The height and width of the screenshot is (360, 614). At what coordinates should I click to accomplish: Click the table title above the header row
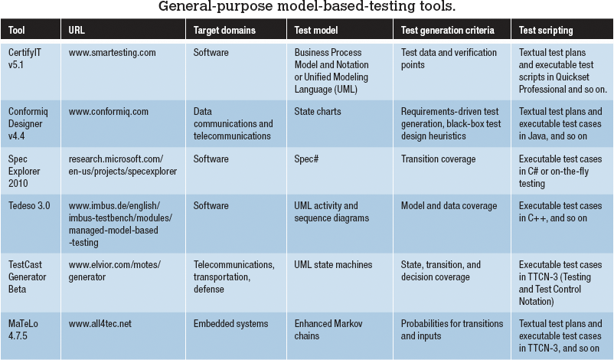pyautogui.click(x=306, y=6)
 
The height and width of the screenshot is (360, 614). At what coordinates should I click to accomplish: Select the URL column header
pyautogui.click(x=77, y=30)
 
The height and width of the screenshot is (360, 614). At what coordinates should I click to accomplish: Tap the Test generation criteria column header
pyautogui.click(x=447, y=30)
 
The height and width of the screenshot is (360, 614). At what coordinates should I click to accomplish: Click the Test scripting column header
pyautogui.click(x=545, y=30)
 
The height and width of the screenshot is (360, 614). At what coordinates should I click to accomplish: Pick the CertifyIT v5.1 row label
pyautogui.click(x=24, y=58)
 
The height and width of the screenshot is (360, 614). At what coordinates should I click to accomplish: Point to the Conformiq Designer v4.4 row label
pyautogui.click(x=28, y=123)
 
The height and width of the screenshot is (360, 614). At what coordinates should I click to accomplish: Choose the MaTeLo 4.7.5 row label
pyautogui.click(x=23, y=329)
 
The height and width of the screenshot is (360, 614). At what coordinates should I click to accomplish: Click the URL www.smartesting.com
pyautogui.click(x=112, y=53)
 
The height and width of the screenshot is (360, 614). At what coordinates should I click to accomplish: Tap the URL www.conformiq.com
pyautogui.click(x=109, y=112)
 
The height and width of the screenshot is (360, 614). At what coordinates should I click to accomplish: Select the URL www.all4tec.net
pyautogui.click(x=100, y=323)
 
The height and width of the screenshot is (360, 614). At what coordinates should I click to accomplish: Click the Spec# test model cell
pyautogui.click(x=306, y=159)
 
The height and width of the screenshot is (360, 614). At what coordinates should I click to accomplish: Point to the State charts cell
pyautogui.click(x=318, y=111)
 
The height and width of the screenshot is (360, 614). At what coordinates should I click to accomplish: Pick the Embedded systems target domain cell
pyautogui.click(x=230, y=323)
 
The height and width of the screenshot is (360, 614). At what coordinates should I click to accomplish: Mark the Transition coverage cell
pyautogui.click(x=438, y=159)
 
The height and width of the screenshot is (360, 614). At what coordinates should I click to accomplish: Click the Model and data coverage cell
pyautogui.click(x=449, y=205)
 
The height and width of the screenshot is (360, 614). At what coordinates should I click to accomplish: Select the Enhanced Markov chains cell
pyautogui.click(x=328, y=329)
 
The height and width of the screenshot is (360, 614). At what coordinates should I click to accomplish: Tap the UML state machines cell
pyautogui.click(x=333, y=264)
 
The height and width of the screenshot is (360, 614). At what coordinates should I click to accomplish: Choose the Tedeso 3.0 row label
pyautogui.click(x=29, y=205)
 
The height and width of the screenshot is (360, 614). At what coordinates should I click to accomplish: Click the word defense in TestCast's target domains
pyautogui.click(x=209, y=289)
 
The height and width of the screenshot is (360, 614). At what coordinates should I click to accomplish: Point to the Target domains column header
pyautogui.click(x=224, y=30)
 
